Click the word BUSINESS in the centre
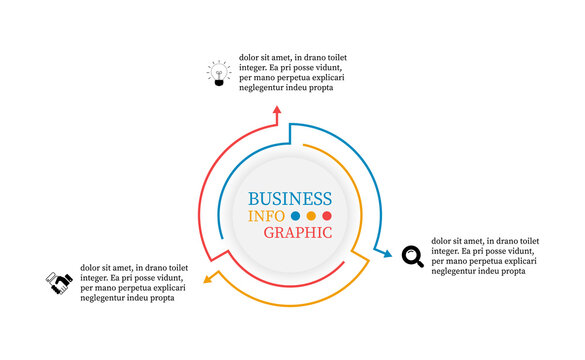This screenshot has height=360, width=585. pos(289,198)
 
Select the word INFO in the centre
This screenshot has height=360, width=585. pos(267,215)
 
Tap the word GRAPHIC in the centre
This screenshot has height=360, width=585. pos(298,232)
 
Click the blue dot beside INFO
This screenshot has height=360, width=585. pos(295,215)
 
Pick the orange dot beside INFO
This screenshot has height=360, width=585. pos(311,215)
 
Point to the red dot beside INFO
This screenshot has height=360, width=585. pos(327,215)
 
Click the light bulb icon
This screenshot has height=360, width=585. pos(217,73)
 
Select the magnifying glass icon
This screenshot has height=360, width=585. pos(412,256)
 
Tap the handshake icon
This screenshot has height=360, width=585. pos(59,283)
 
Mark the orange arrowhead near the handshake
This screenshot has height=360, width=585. pos(208,279)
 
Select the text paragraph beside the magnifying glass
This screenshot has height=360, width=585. pos(485,255)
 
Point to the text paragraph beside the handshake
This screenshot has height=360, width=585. pos(134,282)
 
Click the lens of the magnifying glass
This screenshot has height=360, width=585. pos(410,254)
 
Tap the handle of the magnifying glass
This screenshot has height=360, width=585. pos(419,263)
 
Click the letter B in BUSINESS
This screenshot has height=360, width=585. pos(254,198)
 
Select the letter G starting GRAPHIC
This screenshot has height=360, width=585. pos(270,232)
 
